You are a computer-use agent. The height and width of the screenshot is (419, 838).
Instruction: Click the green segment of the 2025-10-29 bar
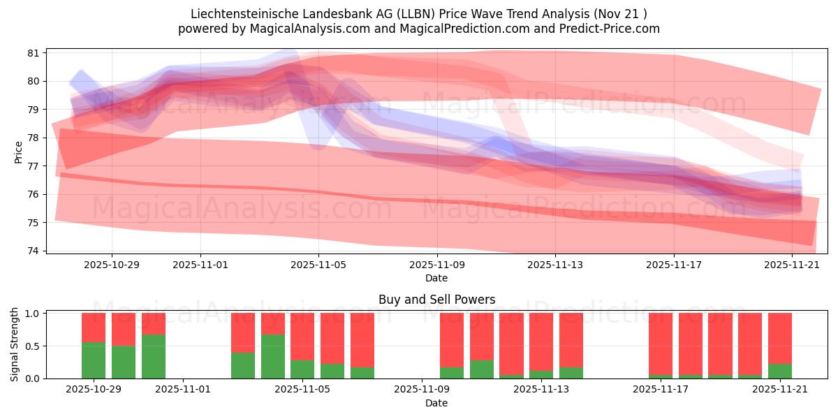point(94,360)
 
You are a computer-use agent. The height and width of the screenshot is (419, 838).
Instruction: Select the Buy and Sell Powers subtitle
point(436,300)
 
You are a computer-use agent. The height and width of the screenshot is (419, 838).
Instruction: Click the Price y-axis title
point(18,152)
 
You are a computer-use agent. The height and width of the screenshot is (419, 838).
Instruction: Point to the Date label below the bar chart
point(436,403)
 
